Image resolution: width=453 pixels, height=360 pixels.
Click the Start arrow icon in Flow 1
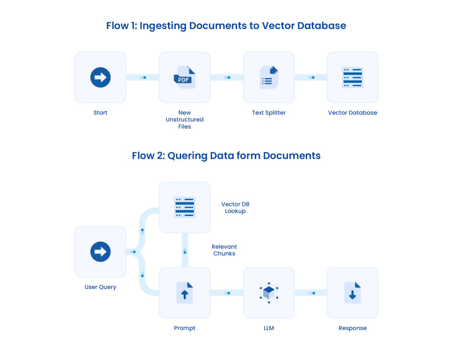[100, 77]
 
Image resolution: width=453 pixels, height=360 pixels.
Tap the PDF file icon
[185, 77]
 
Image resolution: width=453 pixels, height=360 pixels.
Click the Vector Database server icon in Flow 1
[353, 77]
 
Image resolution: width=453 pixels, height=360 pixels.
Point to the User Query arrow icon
[100, 252]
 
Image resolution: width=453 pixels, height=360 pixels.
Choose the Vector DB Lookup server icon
[185, 207]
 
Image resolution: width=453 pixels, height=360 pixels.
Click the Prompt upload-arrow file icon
[185, 293]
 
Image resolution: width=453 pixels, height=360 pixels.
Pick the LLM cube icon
[269, 293]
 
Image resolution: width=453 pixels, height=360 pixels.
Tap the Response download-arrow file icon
[353, 293]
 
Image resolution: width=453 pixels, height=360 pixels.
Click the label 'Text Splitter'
[269, 113]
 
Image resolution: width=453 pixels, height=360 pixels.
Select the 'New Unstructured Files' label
[185, 120]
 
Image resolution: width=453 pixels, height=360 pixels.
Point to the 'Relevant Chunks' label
[224, 250]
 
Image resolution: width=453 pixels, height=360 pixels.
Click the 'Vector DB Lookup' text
[235, 208]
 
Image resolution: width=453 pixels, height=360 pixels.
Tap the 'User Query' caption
[100, 287]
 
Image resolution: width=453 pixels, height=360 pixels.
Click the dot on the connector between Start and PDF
[145, 77]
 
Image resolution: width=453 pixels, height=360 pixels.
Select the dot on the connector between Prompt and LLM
[229, 293]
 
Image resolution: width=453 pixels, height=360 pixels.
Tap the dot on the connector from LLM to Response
[313, 293]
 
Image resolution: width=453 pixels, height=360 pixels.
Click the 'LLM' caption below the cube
[269, 328]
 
